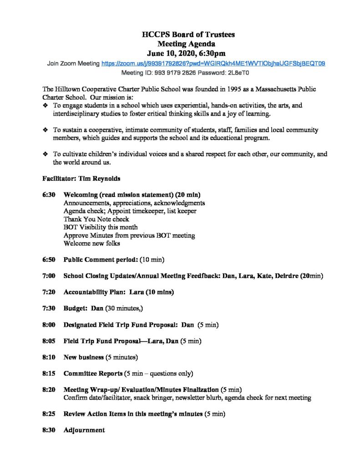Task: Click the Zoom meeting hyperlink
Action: click(x=213, y=64)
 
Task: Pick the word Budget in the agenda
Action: click(x=75, y=308)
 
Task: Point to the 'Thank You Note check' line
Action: click(x=96, y=219)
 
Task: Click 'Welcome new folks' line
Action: click(x=91, y=243)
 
